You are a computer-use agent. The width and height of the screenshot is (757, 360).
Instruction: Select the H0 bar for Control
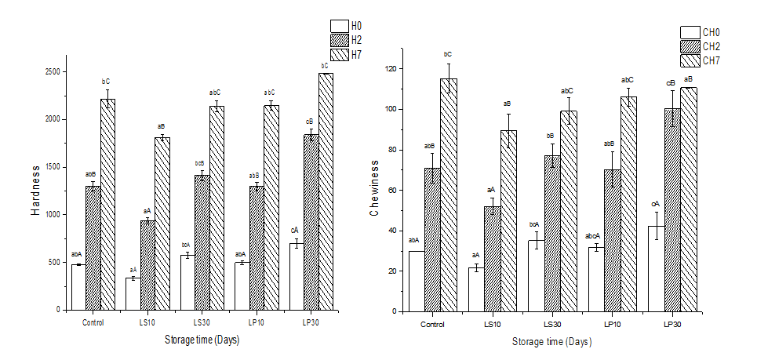click(x=78, y=287)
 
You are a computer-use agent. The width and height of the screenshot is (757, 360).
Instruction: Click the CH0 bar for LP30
click(x=656, y=269)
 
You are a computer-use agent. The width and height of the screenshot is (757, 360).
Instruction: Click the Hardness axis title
click(x=35, y=190)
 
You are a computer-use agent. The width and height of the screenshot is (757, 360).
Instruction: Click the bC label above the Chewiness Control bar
click(x=447, y=54)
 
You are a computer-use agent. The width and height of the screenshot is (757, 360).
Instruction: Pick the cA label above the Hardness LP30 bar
click(x=294, y=230)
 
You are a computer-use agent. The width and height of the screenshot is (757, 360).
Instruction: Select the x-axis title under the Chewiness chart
click(x=552, y=342)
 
